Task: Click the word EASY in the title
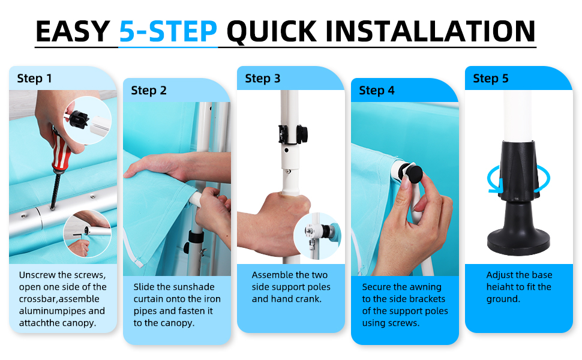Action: [73, 32]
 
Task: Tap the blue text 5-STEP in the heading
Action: [168, 32]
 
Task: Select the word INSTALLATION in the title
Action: [431, 32]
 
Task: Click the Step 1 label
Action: [35, 79]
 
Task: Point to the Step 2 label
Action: [148, 90]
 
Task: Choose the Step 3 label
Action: [262, 79]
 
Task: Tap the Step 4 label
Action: [376, 90]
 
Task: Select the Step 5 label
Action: [490, 79]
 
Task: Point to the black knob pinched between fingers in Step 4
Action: [413, 175]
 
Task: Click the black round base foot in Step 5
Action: [518, 241]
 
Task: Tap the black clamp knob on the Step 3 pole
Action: [301, 134]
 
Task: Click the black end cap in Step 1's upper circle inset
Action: [78, 119]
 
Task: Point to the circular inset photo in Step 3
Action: [317, 236]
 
